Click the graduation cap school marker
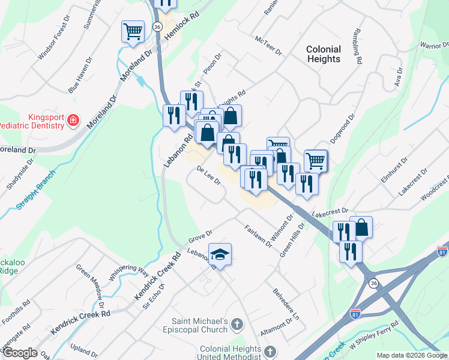220,254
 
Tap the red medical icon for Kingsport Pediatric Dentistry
73,120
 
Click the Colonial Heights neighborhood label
323,54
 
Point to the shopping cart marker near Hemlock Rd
133,31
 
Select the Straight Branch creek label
35,190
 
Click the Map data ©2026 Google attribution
412,355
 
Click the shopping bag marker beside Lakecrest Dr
361,227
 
